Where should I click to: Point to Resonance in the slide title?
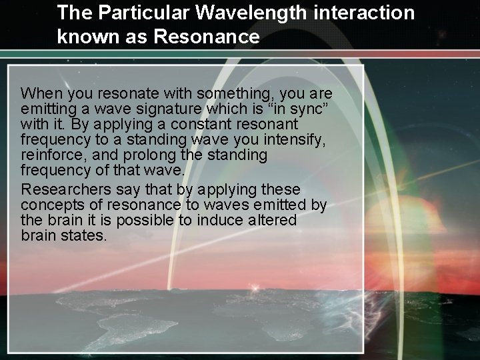[x=206, y=37]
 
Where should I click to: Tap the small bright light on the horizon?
[x=257, y=289]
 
